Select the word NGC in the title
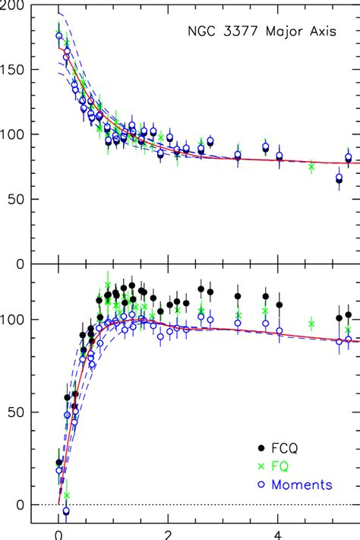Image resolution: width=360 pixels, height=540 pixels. coord(201,33)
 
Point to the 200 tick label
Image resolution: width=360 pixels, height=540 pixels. coord(14,5)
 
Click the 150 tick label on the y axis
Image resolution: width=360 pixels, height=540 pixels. coord(14,70)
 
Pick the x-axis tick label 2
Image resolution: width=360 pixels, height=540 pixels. coord(169,535)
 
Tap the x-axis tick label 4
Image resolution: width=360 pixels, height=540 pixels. coord(279,535)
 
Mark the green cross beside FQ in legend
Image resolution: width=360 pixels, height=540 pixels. coord(262,466)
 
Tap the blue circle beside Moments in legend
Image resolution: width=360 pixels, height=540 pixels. coord(262,485)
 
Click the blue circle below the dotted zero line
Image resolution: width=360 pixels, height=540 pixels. coord(66,511)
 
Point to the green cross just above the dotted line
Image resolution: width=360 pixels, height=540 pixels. coord(66,496)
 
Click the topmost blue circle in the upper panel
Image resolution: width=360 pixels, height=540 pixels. coord(59,36)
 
